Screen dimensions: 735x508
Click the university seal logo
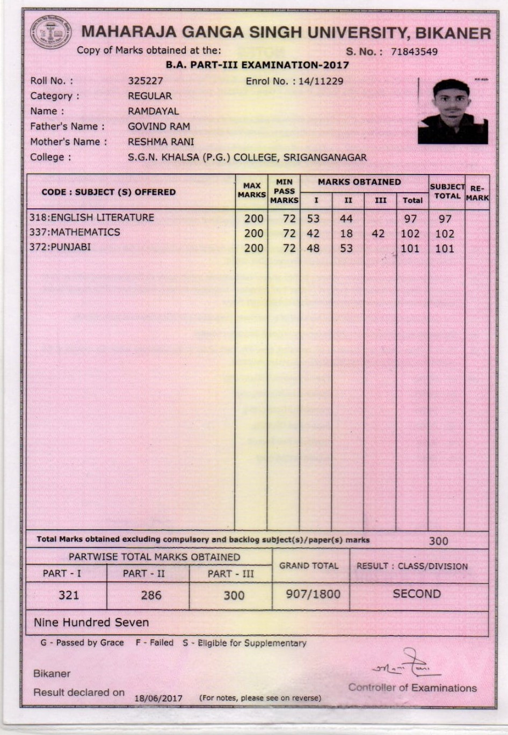point(50,33)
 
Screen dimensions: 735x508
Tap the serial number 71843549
point(414,52)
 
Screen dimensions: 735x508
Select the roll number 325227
point(145,81)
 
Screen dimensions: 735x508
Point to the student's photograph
point(453,111)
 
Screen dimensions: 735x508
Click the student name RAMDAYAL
point(153,111)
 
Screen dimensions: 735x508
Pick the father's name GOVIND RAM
point(158,127)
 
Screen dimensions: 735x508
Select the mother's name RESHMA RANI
point(161,142)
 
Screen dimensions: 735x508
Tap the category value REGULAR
point(150,96)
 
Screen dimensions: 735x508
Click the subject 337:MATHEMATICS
point(75,232)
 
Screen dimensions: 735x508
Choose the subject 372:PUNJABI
point(60,248)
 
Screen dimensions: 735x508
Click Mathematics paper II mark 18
point(346,234)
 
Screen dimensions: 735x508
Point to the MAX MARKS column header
point(251,190)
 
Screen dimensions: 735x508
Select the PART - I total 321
point(69,595)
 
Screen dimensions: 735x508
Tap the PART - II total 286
point(151,595)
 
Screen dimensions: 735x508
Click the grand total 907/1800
point(313,594)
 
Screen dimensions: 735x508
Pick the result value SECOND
point(417,594)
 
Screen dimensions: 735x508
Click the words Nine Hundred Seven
point(91,623)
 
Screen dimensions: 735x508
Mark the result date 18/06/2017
point(158,698)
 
